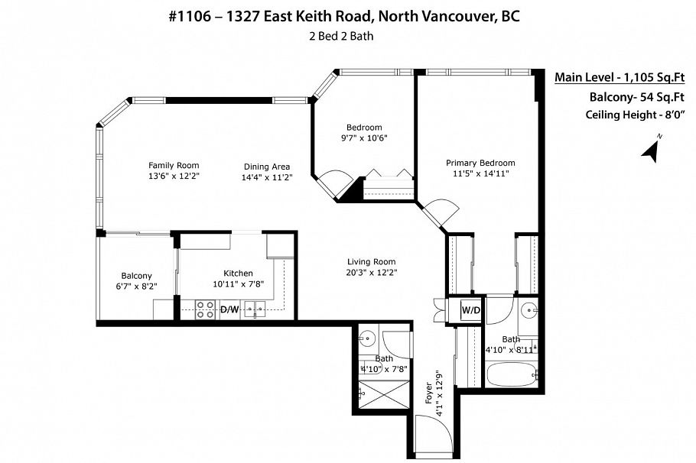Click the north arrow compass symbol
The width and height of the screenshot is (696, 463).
652,148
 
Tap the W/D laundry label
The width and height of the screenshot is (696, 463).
470,309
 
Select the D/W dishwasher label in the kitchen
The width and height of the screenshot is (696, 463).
229,309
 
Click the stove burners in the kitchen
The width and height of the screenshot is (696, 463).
205,309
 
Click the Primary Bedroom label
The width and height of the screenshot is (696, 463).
480,163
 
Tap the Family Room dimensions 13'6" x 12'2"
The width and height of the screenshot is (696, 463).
174,176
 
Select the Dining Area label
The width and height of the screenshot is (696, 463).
266,167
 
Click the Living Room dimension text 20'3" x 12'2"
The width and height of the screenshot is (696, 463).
372,272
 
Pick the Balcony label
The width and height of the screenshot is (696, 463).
136,276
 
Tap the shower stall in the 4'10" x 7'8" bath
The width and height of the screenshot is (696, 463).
384,394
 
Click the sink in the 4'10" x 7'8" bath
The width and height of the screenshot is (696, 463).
368,337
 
